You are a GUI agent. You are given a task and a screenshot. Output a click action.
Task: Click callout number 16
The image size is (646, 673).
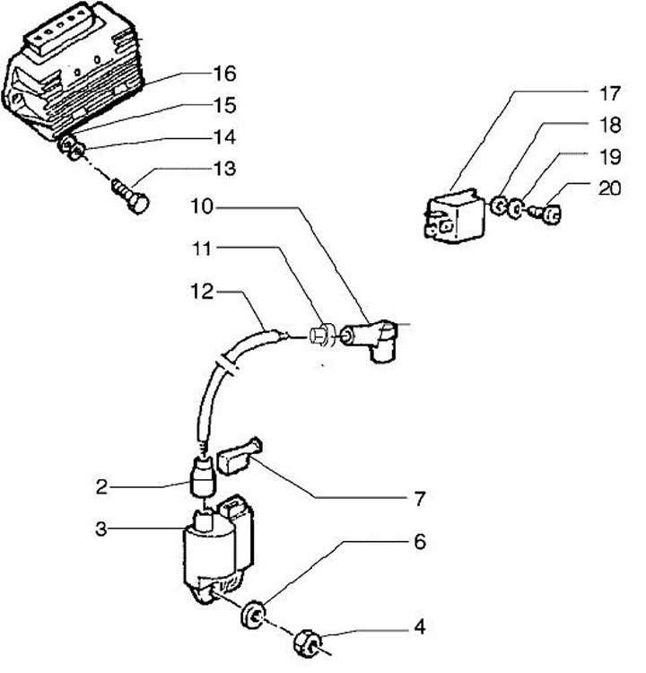pyautogui.click(x=223, y=74)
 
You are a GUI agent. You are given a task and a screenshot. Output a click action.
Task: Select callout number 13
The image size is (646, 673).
pyautogui.click(x=223, y=168)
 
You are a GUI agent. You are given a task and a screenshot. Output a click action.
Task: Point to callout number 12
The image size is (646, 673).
pyautogui.click(x=202, y=291)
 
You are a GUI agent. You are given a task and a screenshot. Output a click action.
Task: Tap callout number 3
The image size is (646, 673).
pyautogui.click(x=101, y=529)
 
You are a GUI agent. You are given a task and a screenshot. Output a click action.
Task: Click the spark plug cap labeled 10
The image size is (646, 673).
pyautogui.click(x=376, y=339)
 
